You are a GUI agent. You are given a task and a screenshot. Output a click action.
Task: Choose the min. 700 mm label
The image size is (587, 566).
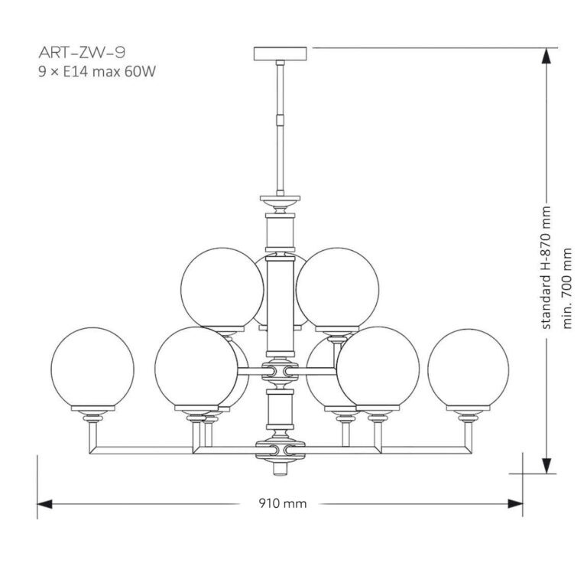click(567, 287)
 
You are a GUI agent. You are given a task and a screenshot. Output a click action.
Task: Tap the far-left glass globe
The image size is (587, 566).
click(91, 369)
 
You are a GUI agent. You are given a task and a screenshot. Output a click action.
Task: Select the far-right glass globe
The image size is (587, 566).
click(468, 369)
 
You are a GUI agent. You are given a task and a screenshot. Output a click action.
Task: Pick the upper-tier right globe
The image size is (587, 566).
click(336, 288)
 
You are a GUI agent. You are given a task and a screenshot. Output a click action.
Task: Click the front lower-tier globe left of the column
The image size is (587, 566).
click(195, 368)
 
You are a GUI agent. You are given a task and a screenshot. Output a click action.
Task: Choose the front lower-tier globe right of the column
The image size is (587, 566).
click(379, 368)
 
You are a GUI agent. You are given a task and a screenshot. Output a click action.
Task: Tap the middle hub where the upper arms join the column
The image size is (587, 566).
click(280, 372)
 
